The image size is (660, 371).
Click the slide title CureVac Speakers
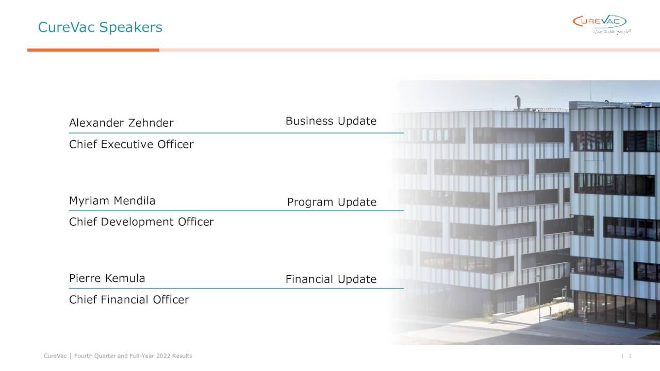[100, 27]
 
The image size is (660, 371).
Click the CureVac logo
[599, 22]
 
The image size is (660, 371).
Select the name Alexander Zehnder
[121, 123]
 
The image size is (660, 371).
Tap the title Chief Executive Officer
[131, 144]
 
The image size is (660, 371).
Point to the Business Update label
[331, 121]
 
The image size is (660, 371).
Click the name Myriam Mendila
[112, 201]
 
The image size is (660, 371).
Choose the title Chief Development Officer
[141, 222]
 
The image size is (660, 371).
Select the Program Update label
[332, 202]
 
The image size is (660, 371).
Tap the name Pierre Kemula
[107, 279]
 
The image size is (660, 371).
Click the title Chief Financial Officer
[129, 300]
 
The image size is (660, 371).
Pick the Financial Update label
[331, 279]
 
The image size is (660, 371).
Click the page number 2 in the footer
[630, 356]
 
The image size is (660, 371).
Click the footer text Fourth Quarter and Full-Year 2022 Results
[133, 356]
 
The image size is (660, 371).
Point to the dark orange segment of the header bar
[93, 50]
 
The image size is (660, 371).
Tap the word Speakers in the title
[130, 27]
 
